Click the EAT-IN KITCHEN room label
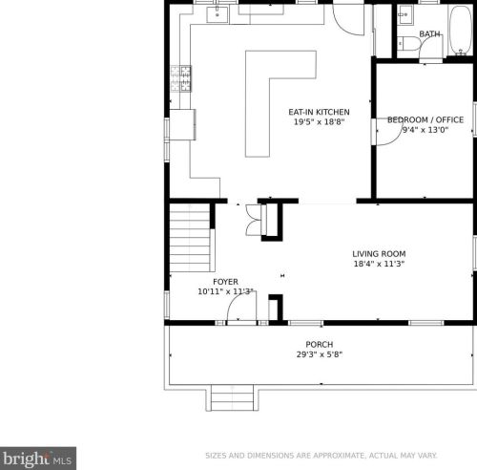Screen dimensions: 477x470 click(319, 112)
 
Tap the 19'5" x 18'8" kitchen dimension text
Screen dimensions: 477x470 click(319, 121)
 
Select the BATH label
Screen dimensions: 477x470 click(429, 33)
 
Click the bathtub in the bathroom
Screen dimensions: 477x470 click(461, 30)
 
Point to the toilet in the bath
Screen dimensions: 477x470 click(409, 44)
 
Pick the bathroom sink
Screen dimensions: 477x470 click(405, 14)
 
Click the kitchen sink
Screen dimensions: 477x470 click(218, 14)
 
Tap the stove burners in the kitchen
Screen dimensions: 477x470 click(181, 78)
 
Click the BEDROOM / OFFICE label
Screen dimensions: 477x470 click(425, 120)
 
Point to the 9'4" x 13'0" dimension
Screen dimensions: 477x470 click(425, 130)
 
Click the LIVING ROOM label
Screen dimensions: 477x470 click(379, 254)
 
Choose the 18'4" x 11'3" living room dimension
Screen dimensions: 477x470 click(379, 264)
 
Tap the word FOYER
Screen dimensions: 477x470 click(225, 282)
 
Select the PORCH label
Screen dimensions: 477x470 click(320, 345)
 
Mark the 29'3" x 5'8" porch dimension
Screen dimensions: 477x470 click(320, 354)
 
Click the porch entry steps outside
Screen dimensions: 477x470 click(232, 397)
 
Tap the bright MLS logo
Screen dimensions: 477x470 click(38, 459)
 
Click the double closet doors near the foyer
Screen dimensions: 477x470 click(254, 220)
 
